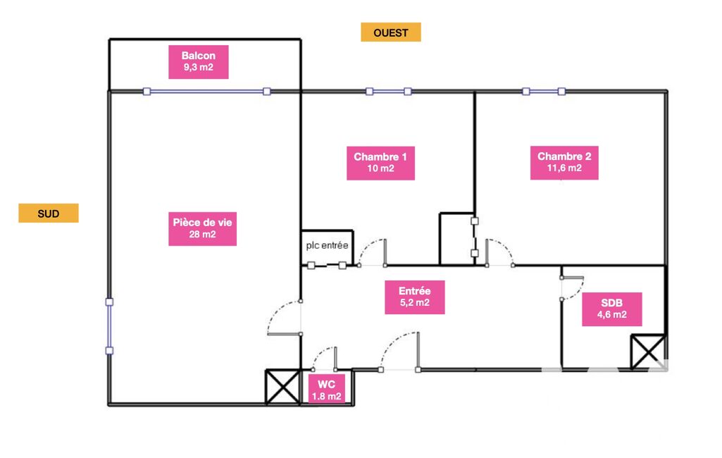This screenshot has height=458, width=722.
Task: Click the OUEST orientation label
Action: point(391,32)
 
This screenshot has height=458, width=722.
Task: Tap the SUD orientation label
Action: point(48,213)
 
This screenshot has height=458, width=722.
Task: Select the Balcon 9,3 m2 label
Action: point(198,61)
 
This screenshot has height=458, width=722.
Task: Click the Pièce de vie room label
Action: point(202,228)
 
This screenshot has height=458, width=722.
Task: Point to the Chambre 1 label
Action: point(380,162)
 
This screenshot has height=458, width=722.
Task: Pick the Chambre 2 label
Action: point(564,162)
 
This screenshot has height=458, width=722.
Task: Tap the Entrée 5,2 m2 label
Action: point(414,297)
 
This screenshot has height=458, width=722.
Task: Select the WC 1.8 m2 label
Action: point(326,390)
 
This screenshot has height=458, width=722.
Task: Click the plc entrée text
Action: point(327,246)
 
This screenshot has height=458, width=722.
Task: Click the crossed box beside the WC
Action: point(282,387)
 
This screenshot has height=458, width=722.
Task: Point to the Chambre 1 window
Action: point(388,91)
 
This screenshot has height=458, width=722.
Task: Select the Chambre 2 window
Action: point(543,91)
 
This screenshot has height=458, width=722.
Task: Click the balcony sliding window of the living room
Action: point(206,91)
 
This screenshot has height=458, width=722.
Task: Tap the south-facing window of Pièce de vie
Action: point(109,326)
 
